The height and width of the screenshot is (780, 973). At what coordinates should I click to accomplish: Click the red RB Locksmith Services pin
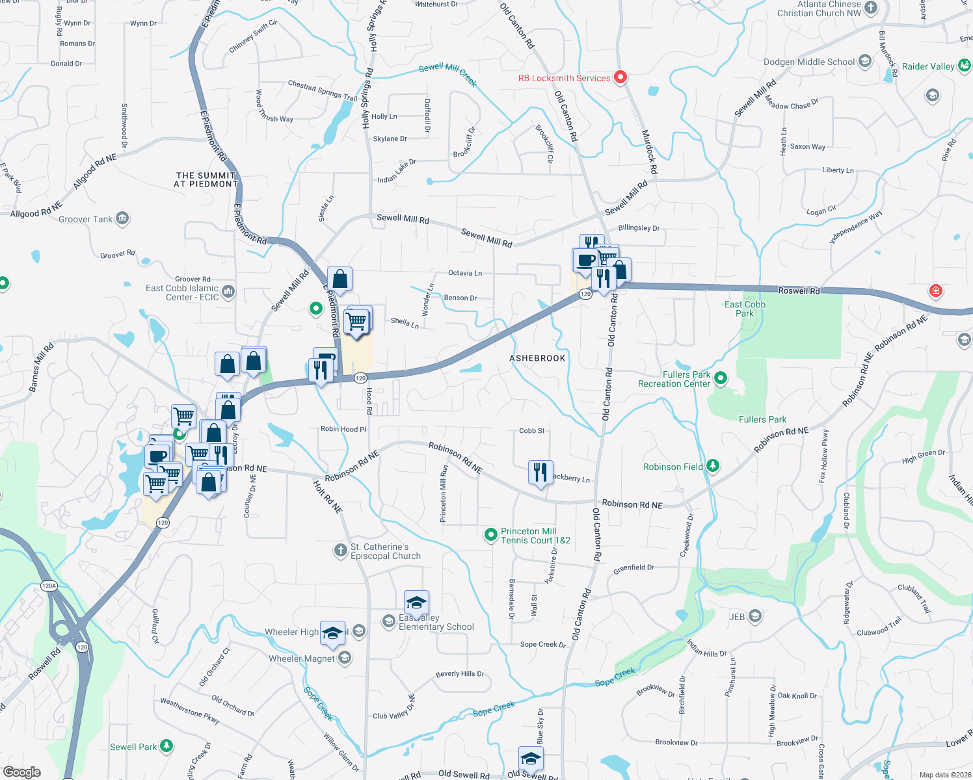[620, 77]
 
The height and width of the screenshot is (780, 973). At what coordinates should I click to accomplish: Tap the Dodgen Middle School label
[809, 62]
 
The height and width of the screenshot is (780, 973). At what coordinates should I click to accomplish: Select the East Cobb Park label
[745, 309]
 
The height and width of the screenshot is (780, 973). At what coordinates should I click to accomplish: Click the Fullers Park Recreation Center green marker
[720, 378]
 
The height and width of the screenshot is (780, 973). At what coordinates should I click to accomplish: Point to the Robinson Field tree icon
[713, 466]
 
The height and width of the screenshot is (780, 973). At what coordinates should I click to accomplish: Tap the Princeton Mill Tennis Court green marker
[491, 535]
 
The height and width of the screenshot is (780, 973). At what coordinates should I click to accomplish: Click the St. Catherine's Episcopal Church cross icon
[340, 551]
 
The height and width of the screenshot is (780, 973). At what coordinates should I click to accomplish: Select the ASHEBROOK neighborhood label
[537, 358]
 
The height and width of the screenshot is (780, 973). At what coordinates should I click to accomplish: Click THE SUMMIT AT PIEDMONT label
[206, 179]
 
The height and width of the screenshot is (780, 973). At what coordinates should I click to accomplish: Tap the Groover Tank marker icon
[122, 218]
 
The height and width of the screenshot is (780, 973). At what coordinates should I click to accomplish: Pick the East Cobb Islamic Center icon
[228, 291]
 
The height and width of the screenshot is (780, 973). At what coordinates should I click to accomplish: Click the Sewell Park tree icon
[167, 746]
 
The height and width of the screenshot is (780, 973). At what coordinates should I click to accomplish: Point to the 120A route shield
[49, 586]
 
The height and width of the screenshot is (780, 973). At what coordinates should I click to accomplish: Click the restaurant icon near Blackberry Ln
[540, 473]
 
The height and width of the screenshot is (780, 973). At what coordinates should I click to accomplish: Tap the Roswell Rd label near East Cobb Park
[799, 291]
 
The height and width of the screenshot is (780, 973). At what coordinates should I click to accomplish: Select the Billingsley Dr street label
[639, 228]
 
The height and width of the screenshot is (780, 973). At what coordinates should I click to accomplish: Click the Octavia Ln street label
[465, 273]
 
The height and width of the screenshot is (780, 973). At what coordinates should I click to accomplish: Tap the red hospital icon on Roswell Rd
[935, 291]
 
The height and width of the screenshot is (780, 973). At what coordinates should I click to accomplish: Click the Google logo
[22, 772]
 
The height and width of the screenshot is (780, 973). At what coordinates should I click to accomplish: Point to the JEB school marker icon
[755, 616]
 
